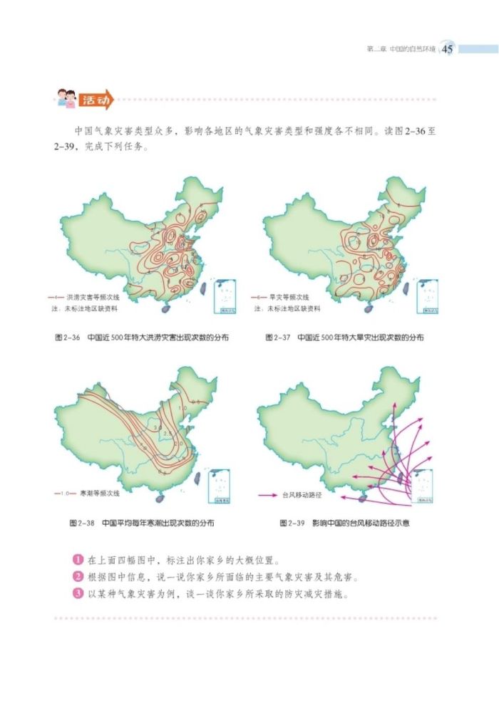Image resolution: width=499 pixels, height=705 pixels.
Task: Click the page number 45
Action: (448, 49)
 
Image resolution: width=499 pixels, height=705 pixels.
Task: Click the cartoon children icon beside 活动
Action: (65, 100)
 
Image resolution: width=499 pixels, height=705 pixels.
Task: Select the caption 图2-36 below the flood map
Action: (66, 338)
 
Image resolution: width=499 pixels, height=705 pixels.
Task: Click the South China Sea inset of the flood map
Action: (225, 296)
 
